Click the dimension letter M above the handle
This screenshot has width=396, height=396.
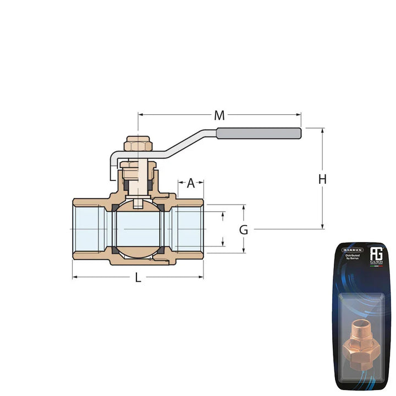219,116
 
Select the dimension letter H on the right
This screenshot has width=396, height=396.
322,179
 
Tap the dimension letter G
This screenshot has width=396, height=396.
243,230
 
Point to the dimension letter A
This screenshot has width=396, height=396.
191,183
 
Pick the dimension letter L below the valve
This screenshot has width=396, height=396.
138,278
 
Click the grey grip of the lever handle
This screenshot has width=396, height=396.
258,133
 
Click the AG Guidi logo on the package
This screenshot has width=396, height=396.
376,255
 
